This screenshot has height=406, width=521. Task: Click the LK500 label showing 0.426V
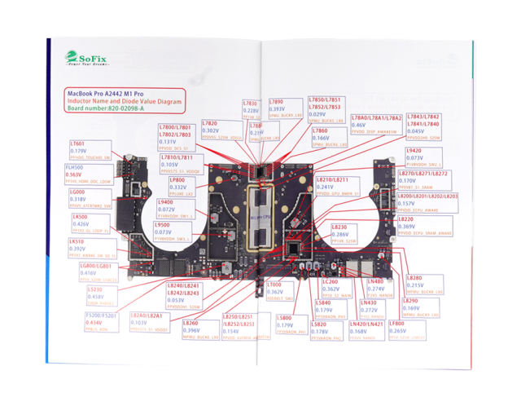(87, 222)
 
